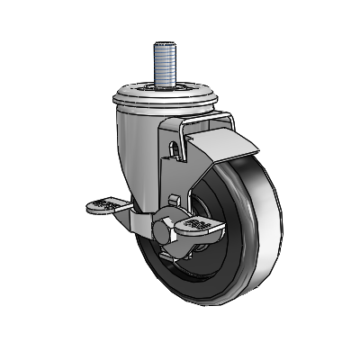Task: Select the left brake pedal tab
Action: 107,206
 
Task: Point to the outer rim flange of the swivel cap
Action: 126,99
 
